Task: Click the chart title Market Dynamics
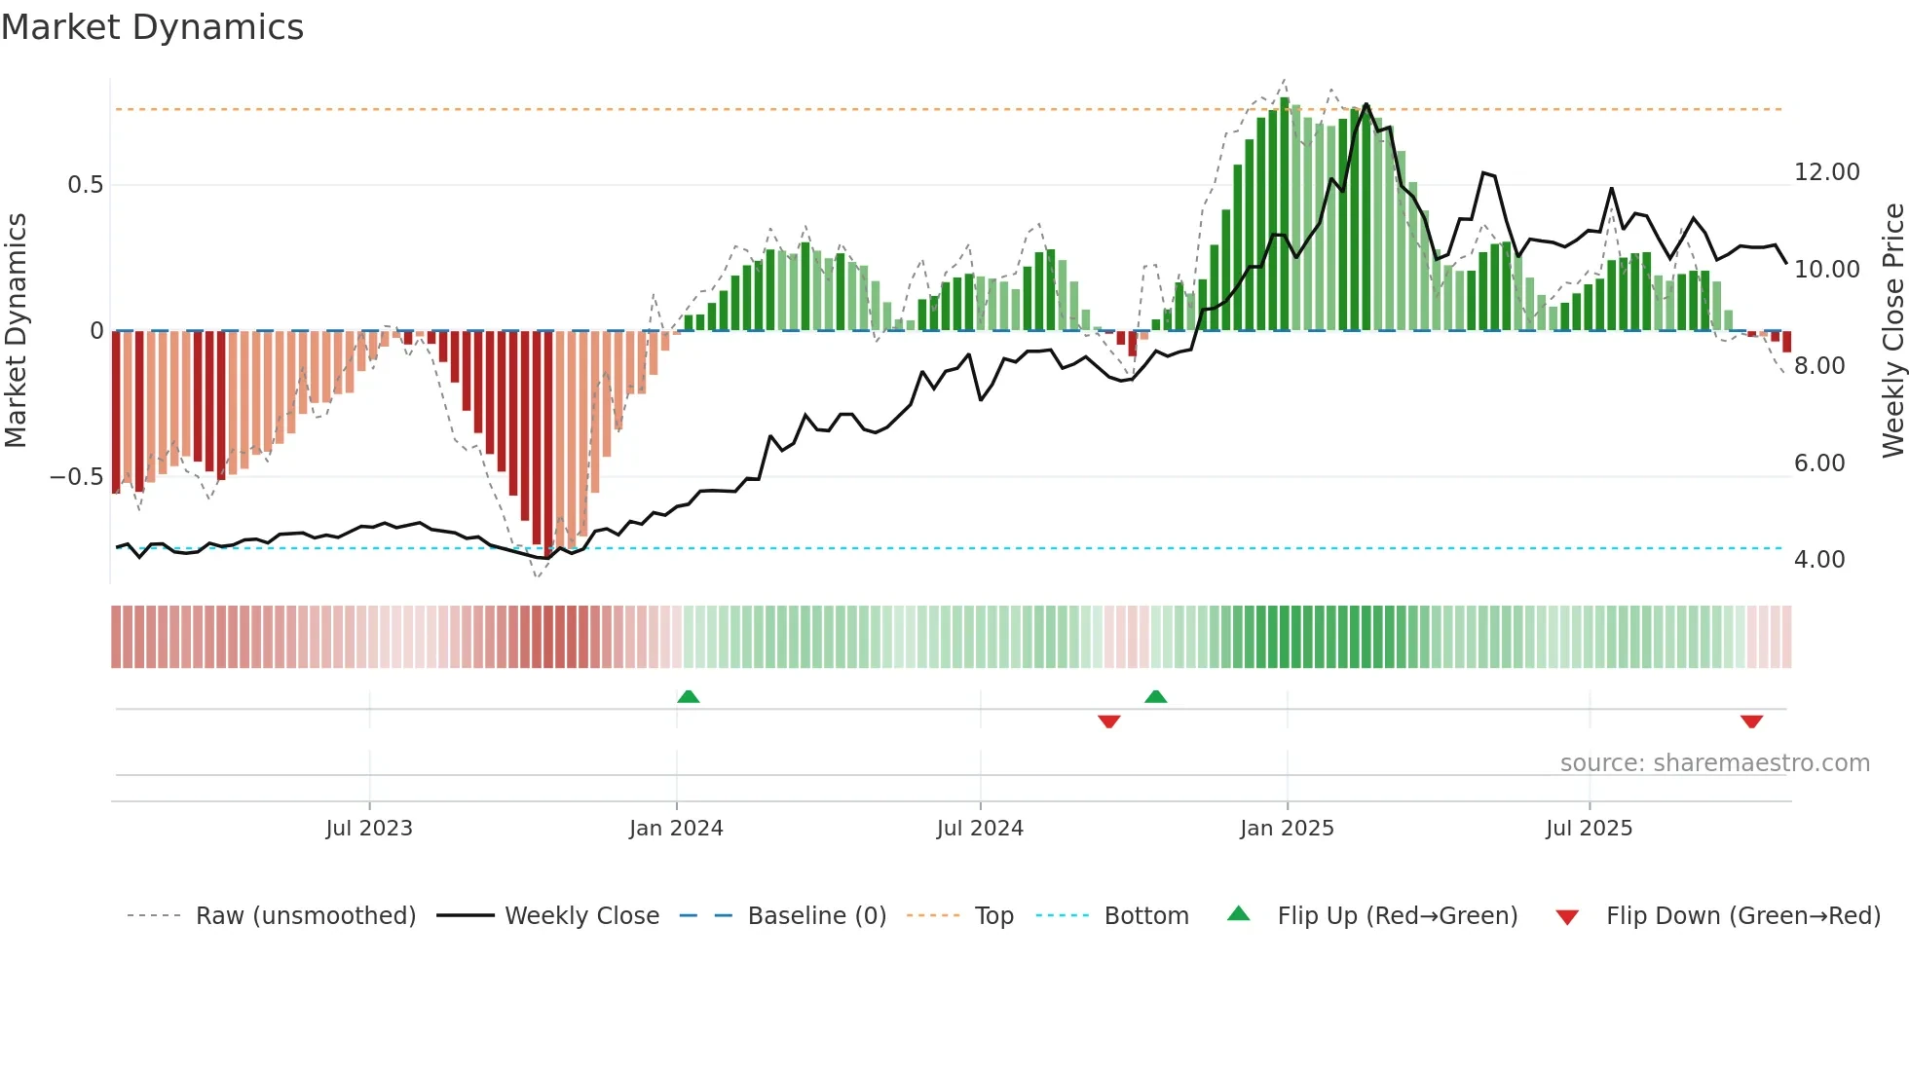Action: [152, 27]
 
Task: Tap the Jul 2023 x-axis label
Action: [369, 829]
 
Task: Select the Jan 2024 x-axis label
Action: [676, 829]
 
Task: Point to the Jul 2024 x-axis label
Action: [980, 829]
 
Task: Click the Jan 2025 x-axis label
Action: [1287, 829]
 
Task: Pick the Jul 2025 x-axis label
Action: [1589, 829]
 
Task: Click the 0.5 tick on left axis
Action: [85, 185]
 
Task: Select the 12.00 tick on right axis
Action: [1826, 172]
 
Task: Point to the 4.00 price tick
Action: [1818, 560]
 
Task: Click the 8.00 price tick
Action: [1818, 366]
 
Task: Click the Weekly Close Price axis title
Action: [1892, 331]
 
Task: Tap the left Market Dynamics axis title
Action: [16, 331]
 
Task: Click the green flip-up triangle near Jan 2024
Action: [689, 696]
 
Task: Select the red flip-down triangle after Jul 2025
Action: [1751, 721]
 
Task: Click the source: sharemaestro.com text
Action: [1714, 763]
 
